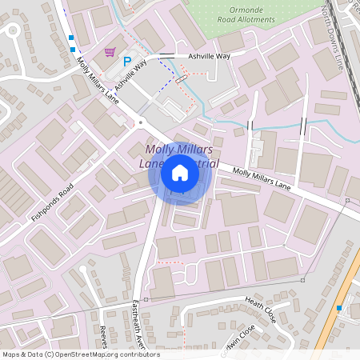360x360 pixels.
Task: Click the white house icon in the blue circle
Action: coord(180,173)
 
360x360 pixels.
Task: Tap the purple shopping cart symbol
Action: coord(109,51)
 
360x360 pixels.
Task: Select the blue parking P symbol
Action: coord(126,62)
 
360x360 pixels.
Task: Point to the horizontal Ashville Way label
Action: coord(209,57)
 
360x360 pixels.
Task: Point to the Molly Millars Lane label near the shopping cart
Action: coord(98,80)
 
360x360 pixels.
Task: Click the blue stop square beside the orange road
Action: coord(340,308)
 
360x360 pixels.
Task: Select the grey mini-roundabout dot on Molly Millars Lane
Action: coord(140,122)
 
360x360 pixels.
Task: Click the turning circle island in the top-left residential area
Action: coord(12,30)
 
